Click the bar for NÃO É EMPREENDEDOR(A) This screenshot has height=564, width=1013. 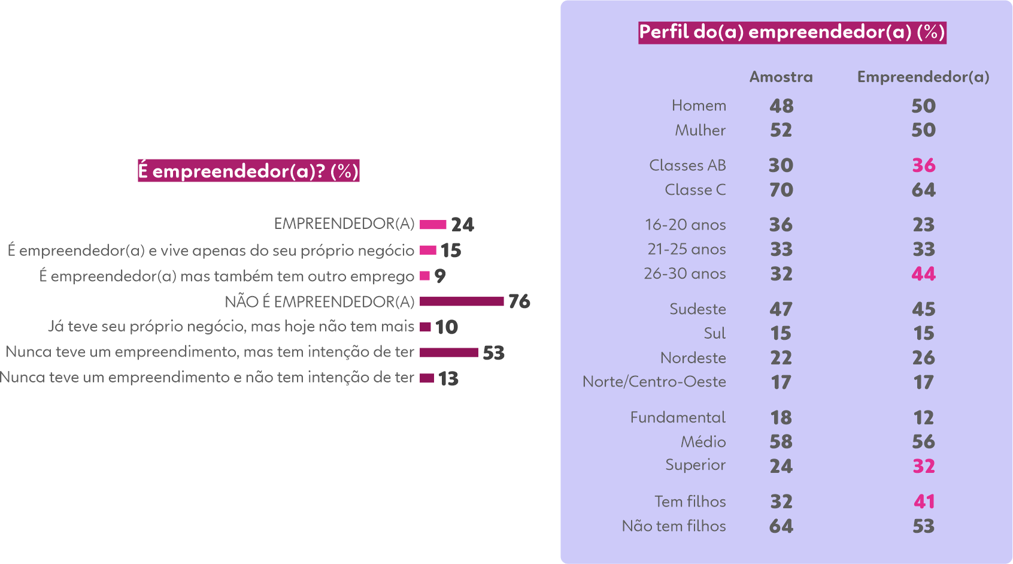pos(462,301)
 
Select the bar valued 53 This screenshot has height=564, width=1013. pos(449,352)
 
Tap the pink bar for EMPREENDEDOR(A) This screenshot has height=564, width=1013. pos(433,225)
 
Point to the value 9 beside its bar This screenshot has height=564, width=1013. pos(440,276)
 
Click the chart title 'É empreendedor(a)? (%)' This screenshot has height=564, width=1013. pos(248,171)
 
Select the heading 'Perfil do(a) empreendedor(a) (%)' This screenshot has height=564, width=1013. pos(792,32)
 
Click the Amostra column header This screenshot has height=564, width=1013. pos(781,77)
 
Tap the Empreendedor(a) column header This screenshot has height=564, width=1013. pos(923,77)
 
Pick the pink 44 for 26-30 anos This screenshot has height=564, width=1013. pos(923,274)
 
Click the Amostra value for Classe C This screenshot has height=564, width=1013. pos(781,190)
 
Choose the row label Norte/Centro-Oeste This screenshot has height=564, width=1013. pos(654,382)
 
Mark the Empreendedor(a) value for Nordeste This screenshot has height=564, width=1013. pos(923,358)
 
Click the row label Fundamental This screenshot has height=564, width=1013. pos(677,417)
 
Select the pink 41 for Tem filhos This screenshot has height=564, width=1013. pos(923,501)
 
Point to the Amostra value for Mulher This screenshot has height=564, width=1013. pos(781,130)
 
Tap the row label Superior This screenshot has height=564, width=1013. pos(695,465)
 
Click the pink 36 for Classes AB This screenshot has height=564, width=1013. pos(923,165)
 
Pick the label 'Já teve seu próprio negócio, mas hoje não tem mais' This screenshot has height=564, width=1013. pos(231,327)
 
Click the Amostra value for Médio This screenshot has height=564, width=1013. pos(781,442)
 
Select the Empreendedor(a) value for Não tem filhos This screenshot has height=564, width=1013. pos(923,526)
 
